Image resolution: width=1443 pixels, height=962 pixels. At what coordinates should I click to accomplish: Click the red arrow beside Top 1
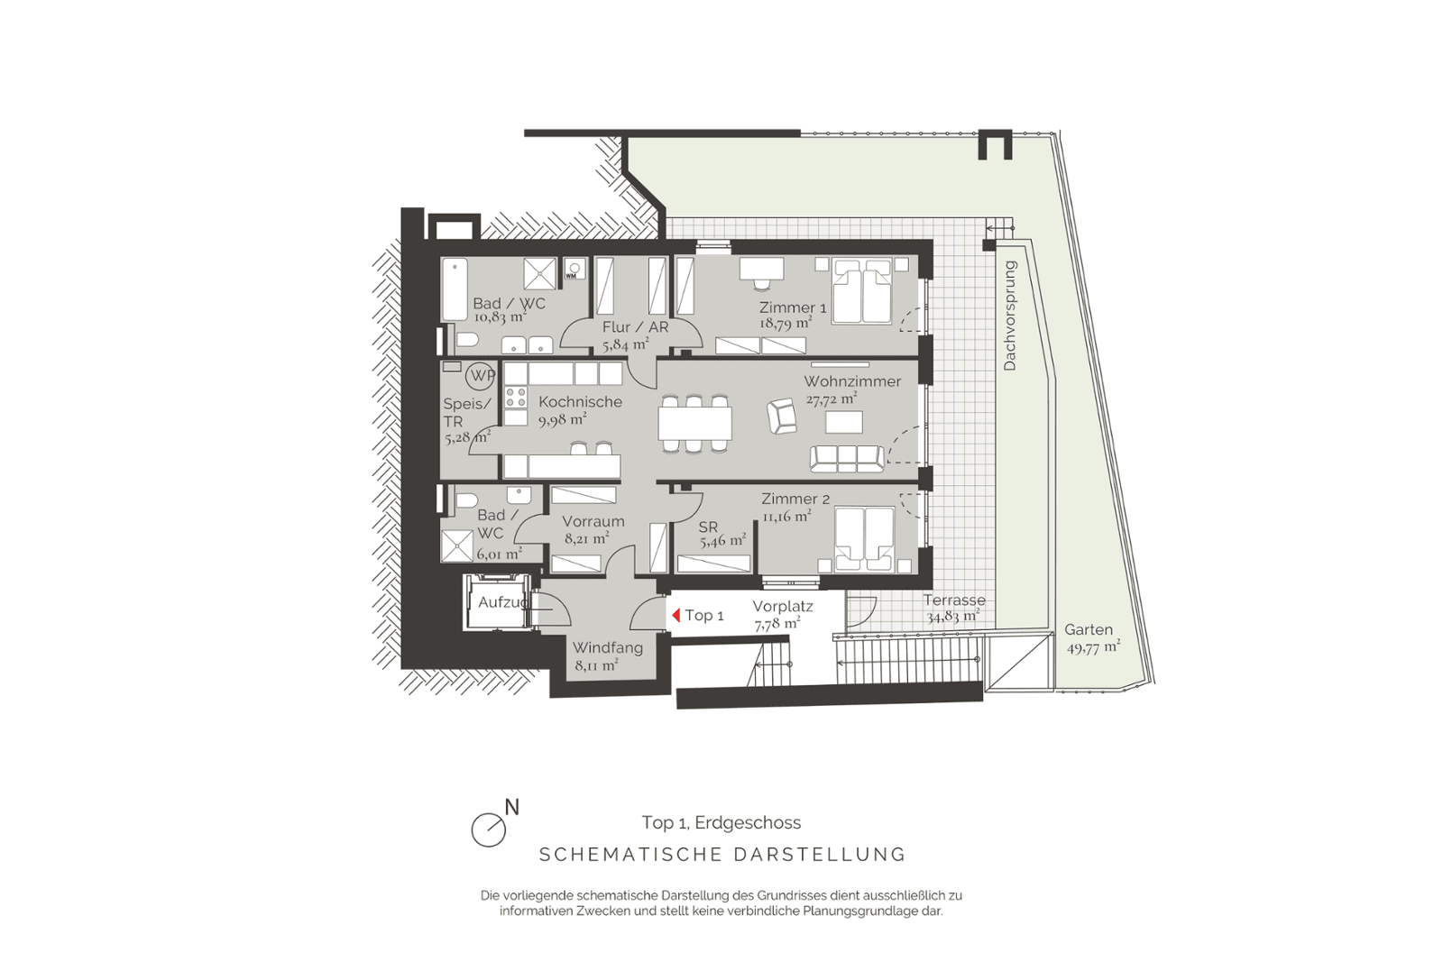[676, 616]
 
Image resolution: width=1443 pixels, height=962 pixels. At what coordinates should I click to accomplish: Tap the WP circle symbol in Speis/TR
[482, 375]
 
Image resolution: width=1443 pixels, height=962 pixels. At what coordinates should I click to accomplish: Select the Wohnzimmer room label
[851, 381]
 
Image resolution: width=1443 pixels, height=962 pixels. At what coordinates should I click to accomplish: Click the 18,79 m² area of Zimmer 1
[786, 323]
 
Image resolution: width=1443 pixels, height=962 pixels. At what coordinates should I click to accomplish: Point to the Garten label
[1088, 629]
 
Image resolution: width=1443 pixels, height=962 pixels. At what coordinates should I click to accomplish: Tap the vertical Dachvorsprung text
[1009, 316]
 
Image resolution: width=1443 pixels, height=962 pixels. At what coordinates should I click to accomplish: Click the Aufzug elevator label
[503, 602]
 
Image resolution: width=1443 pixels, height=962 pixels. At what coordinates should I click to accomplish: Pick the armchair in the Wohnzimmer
[781, 416]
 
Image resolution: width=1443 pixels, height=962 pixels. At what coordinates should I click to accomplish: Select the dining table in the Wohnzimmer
[695, 424]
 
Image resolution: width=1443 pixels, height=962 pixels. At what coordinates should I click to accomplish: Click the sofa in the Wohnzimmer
[847, 459]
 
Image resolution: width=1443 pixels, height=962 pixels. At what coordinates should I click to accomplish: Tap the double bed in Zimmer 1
[861, 290]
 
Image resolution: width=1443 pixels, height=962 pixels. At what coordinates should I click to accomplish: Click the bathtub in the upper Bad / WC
[455, 289]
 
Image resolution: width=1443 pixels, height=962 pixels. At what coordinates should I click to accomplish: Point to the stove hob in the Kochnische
[515, 397]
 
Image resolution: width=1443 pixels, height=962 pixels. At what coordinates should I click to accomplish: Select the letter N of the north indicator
[511, 807]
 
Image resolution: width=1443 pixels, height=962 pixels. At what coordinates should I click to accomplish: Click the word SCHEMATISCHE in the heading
[630, 855]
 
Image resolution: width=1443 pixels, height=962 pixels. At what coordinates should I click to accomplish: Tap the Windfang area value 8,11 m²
[596, 665]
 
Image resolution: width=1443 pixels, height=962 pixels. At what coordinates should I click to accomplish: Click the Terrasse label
[954, 600]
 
